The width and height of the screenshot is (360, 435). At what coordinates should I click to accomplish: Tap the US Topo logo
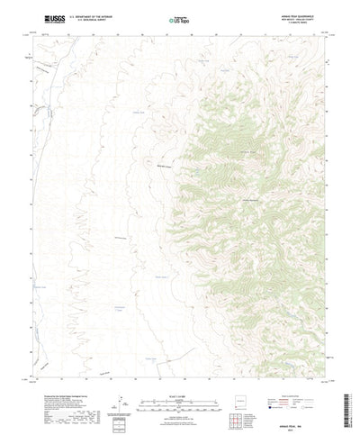[x=180, y=19]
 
